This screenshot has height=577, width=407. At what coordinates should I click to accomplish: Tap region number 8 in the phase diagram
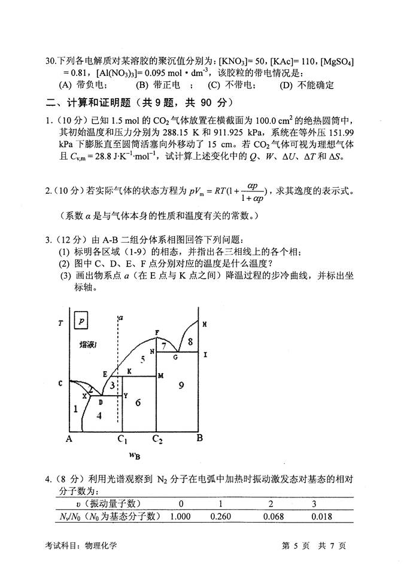click(190, 341)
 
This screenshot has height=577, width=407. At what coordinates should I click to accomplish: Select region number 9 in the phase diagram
click(180, 386)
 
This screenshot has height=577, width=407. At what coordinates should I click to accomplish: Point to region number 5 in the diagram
click(142, 359)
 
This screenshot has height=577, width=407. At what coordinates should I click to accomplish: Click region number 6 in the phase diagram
click(138, 402)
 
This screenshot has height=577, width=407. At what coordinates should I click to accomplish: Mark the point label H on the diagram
click(204, 324)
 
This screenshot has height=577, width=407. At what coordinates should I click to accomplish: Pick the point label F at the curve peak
click(157, 332)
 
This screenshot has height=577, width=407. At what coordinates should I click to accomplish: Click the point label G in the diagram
click(175, 357)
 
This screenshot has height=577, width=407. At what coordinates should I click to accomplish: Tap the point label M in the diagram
click(160, 375)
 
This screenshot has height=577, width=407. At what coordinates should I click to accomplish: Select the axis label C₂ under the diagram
click(157, 440)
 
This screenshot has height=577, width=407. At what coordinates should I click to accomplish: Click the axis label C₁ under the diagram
click(122, 440)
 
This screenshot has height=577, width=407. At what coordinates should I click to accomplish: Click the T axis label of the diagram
click(60, 323)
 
